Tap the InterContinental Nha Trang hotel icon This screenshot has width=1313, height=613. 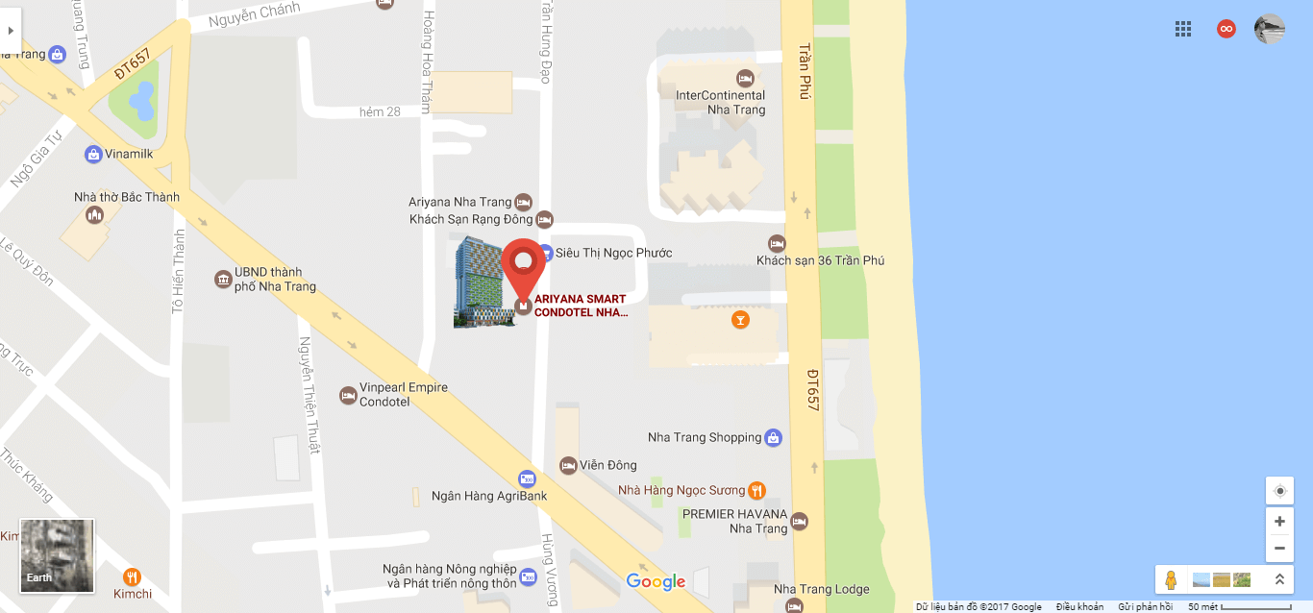(745, 78)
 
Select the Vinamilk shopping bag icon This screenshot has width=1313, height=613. (93, 154)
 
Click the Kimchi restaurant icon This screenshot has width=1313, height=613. (133, 576)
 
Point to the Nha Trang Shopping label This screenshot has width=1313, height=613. (705, 438)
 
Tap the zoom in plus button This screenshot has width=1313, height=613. (1279, 522)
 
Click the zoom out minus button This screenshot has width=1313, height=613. (1279, 549)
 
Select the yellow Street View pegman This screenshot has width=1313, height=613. (1171, 579)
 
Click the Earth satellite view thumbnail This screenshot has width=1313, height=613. (58, 555)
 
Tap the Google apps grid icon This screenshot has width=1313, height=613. (1183, 29)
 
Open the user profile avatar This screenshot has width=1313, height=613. (1269, 29)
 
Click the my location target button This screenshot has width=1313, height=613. (1279, 491)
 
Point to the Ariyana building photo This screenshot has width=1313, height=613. (483, 282)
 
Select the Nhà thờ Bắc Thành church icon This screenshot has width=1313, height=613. (94, 215)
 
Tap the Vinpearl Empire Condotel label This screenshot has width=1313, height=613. (403, 394)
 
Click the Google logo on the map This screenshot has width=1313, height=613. (656, 581)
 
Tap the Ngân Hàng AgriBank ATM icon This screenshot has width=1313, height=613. (526, 478)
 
